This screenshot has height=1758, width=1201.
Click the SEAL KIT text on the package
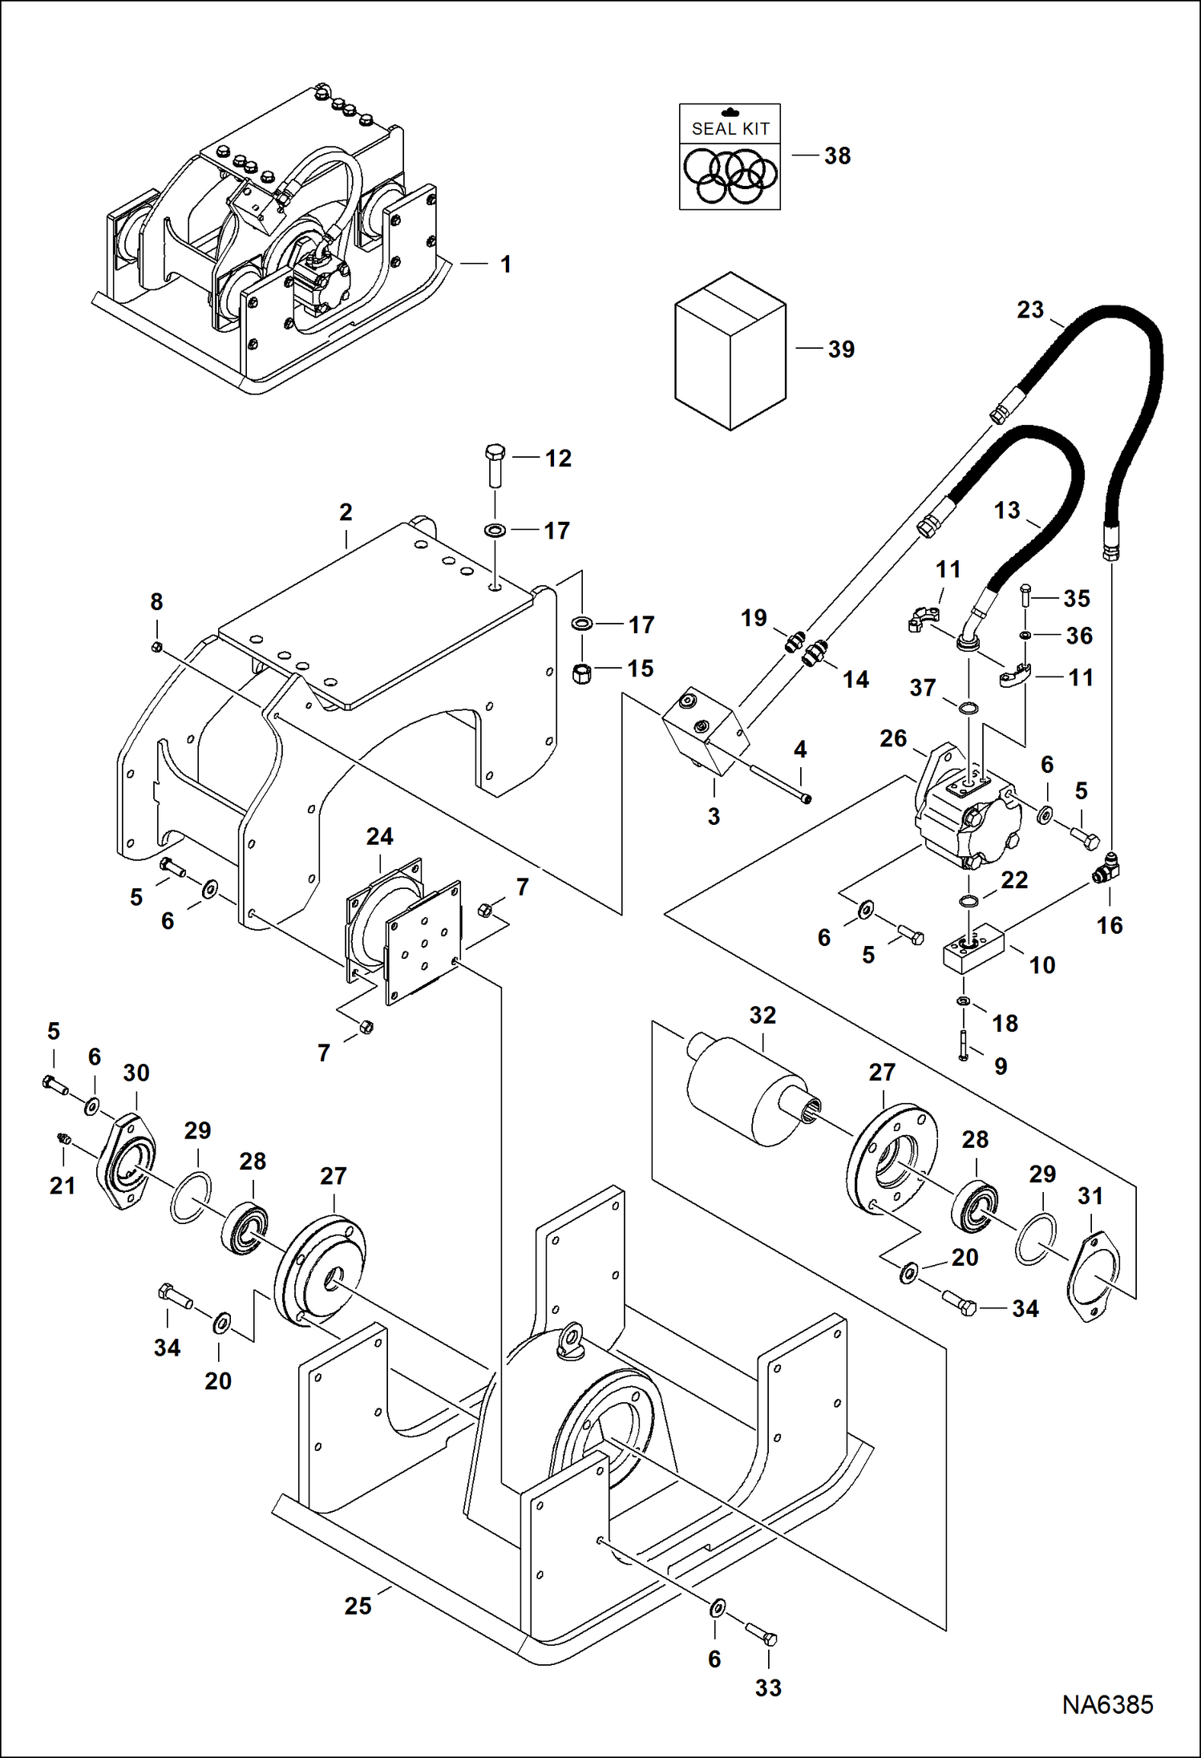730,128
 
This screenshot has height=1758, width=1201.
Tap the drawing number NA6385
1107,1705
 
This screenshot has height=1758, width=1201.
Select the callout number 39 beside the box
841,350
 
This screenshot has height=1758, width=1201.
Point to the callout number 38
837,156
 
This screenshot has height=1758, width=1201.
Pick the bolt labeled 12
494,465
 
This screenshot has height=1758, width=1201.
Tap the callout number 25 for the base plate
358,1606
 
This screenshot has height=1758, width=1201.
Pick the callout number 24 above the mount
379,837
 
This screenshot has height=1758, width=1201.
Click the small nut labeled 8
157,646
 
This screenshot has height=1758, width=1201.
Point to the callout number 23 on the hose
1030,309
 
